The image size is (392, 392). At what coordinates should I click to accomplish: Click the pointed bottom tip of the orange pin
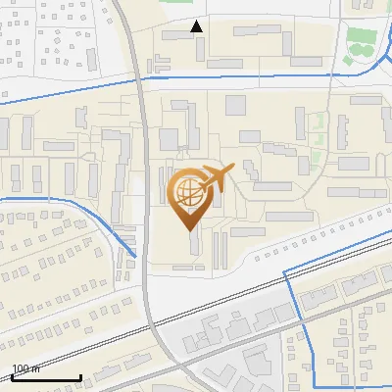coord(189,229)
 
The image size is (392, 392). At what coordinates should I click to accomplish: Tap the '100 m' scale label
coord(26,368)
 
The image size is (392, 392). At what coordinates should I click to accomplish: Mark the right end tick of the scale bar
coord(80,376)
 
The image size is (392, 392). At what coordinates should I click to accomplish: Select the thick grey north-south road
coord(143,196)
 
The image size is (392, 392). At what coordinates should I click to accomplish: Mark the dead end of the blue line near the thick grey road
coord(135,257)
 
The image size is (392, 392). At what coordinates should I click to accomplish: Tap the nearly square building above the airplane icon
coord(235,106)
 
